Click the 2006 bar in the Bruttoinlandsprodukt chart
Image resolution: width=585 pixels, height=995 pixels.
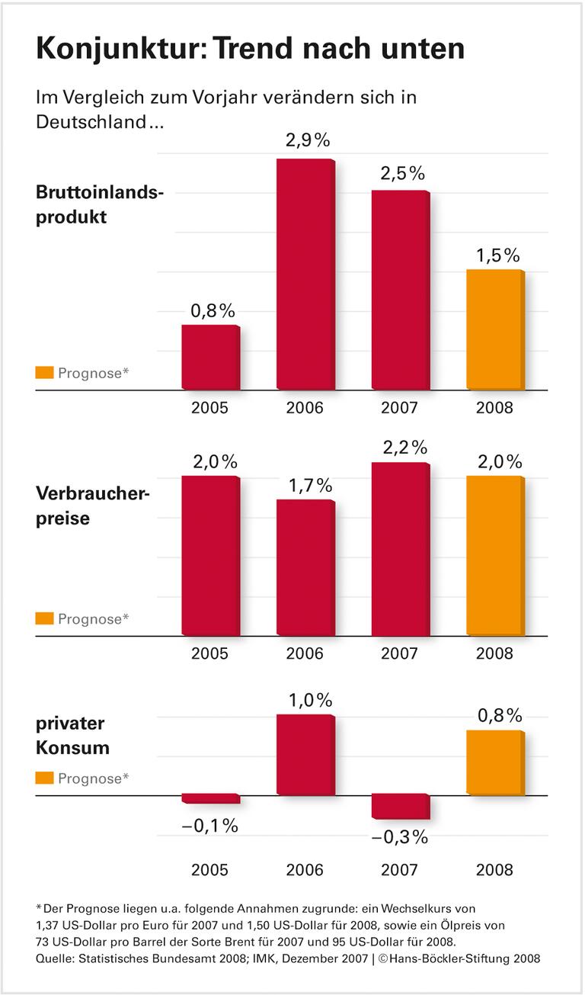(305, 274)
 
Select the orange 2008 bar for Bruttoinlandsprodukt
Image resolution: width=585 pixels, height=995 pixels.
(495, 329)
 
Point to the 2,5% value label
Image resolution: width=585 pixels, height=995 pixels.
(401, 173)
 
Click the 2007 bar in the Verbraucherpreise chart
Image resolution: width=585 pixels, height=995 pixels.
(401, 549)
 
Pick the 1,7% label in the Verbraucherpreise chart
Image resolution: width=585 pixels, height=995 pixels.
(305, 485)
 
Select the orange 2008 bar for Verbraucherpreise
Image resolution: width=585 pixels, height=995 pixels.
(495, 556)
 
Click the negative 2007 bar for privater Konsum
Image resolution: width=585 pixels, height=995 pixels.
(401, 807)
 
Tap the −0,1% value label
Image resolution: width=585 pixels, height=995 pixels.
(210, 826)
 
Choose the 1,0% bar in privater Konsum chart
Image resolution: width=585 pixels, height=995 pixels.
(305, 755)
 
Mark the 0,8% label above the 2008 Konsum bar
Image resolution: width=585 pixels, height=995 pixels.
(500, 715)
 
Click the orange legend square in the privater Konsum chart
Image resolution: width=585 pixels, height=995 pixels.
(45, 778)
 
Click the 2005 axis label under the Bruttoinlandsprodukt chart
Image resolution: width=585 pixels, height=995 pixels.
(210, 408)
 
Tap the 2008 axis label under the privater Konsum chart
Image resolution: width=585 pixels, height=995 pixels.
(495, 870)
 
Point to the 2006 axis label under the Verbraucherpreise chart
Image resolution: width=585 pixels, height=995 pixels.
(305, 653)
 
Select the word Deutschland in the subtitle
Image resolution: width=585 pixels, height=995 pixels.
(91, 122)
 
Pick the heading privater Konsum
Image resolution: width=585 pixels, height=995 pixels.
(72, 736)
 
